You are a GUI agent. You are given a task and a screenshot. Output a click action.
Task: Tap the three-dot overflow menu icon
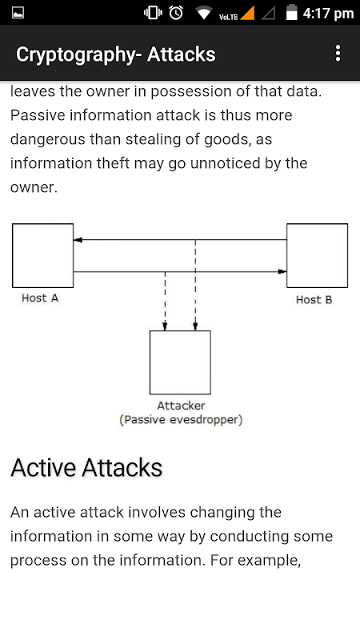[338, 54]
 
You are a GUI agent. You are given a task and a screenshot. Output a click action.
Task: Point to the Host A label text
[40, 298]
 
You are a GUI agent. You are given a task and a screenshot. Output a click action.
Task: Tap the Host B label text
[314, 300]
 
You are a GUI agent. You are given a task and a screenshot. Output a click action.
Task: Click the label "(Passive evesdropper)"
[181, 420]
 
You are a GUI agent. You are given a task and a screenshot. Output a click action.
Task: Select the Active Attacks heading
[86, 468]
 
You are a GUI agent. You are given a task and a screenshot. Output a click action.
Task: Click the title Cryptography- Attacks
[116, 54]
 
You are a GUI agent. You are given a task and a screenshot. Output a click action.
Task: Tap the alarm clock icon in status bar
[176, 13]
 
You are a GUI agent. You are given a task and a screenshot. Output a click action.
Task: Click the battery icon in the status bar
[291, 12]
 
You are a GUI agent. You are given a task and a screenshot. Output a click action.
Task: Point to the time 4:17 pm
[328, 14]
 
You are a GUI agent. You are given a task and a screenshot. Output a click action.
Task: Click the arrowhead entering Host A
[78, 240]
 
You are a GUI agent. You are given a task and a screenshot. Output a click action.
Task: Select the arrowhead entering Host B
[282, 271]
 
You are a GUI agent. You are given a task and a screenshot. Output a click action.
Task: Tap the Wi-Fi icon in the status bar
[203, 13]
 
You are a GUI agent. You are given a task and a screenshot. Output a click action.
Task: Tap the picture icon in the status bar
[18, 13]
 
